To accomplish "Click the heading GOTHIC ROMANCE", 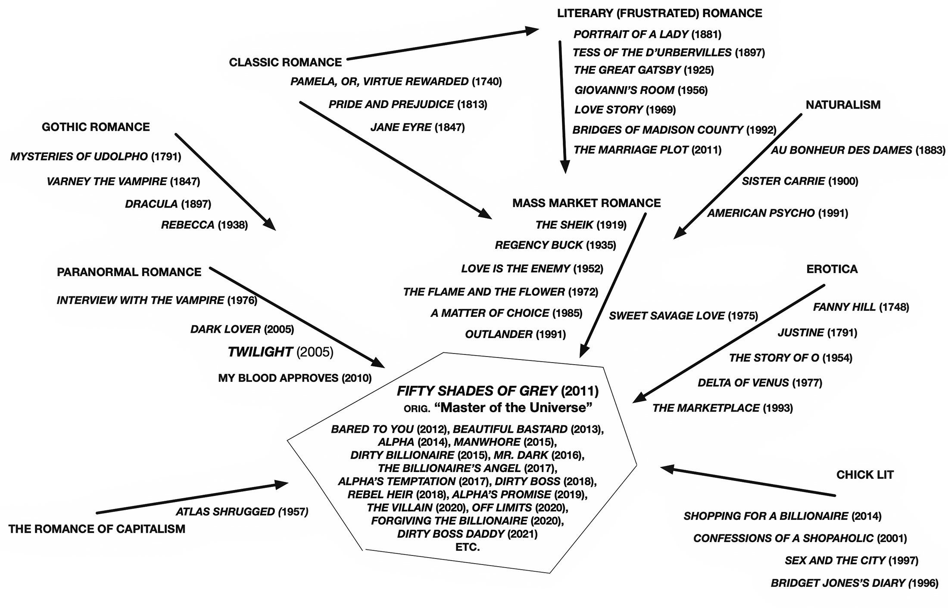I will (x=96, y=127).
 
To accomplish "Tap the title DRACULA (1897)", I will (x=168, y=204).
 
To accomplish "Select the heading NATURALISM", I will (x=843, y=105).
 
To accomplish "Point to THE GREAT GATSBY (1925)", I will (x=643, y=70).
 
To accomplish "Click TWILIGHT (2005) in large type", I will (x=280, y=352).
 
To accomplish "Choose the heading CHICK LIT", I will (x=865, y=475).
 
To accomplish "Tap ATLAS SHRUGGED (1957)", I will (x=242, y=512).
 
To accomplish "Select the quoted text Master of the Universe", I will (x=513, y=407).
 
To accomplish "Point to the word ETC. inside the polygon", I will (x=468, y=547).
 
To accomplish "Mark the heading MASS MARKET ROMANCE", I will (x=586, y=203).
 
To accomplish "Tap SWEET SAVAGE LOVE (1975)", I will (x=683, y=316).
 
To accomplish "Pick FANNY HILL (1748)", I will (x=861, y=307).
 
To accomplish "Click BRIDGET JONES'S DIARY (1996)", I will (x=854, y=583).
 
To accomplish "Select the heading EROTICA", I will (x=832, y=269).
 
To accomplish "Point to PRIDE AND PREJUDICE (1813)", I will (x=408, y=105).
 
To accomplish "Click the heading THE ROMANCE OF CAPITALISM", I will (x=97, y=529).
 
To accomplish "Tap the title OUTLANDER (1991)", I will (x=515, y=334).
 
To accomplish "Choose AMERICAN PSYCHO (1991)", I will (x=777, y=213).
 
